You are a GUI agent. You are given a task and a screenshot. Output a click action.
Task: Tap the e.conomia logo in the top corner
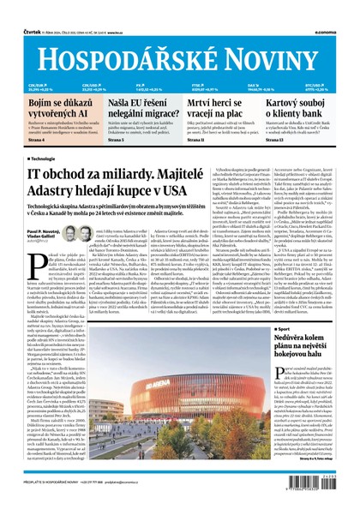point(335,9)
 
